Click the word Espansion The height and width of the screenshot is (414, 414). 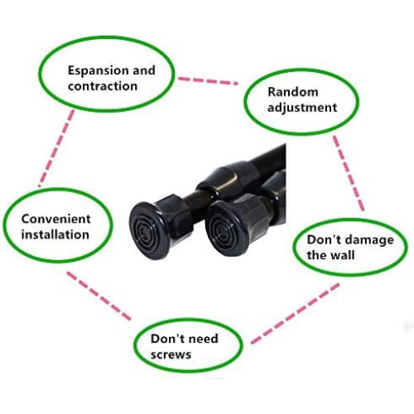pos(98,71)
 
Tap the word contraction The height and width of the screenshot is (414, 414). pos(103,86)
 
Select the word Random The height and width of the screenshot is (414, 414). pos(293,92)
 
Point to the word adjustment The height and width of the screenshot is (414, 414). pos(302,108)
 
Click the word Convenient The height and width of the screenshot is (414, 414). pos(55,219)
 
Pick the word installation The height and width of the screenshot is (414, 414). pos(55,234)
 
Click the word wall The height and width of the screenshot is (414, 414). pos(342,255)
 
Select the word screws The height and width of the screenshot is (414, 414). pos(171,354)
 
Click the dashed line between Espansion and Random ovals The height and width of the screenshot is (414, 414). pos(208,81)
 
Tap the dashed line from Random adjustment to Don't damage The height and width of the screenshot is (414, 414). pos(349,173)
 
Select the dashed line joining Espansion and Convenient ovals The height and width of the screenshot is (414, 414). pos(56,148)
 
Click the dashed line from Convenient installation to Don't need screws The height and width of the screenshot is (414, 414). pos(99,296)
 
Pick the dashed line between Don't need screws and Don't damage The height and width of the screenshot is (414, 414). pos(295,314)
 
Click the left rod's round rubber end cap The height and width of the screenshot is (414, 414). pos(148,231)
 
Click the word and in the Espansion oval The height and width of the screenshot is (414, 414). pos(144,70)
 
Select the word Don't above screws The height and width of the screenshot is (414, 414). pos(166,339)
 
